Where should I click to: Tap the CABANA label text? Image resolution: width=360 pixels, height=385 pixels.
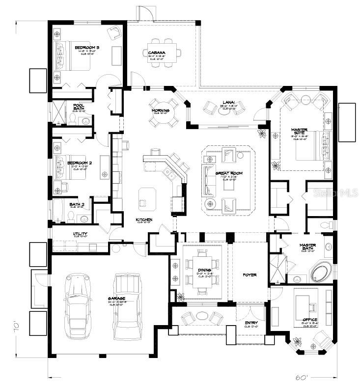pyautogui.click(x=156, y=53)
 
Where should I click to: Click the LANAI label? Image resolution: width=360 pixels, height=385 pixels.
pyautogui.click(x=226, y=103)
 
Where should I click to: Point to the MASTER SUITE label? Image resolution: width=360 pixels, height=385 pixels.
pyautogui.click(x=299, y=133)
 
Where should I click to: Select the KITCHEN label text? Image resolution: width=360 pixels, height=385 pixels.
pyautogui.click(x=144, y=220)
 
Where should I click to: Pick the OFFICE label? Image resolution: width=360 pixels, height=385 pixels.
pyautogui.click(x=310, y=320)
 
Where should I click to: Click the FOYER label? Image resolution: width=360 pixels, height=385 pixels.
pyautogui.click(x=249, y=275)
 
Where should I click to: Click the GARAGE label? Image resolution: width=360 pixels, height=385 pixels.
pyautogui.click(x=117, y=299)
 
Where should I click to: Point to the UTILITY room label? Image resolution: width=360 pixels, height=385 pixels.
pyautogui.click(x=80, y=234)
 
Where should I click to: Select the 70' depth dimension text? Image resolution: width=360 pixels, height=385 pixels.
pyautogui.click(x=17, y=325)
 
